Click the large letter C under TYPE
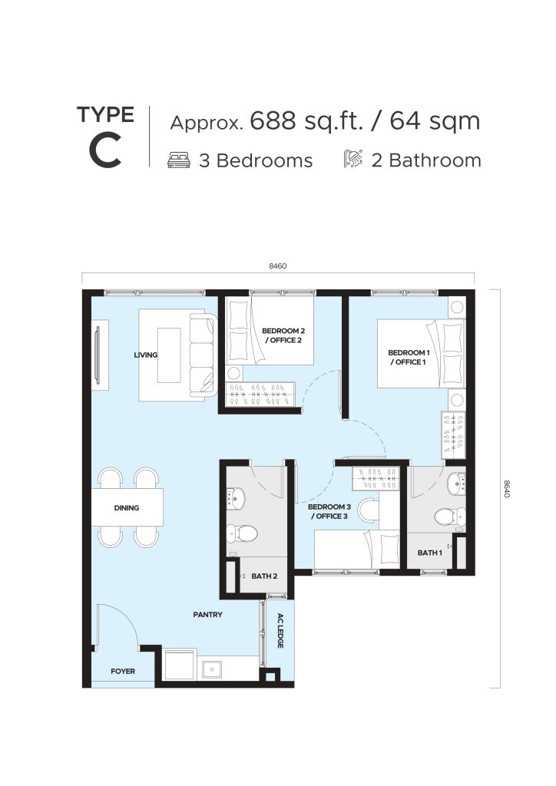pyautogui.click(x=105, y=151)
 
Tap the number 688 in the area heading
pyautogui.click(x=273, y=121)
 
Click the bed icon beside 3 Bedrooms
pyautogui.click(x=179, y=160)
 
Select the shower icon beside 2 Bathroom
pyautogui.click(x=353, y=159)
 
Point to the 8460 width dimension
pyautogui.click(x=278, y=266)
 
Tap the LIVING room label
pyautogui.click(x=145, y=355)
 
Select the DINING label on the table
pyautogui.click(x=127, y=508)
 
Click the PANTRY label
pyautogui.click(x=207, y=615)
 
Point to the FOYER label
pyautogui.click(x=123, y=671)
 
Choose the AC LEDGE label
pyautogui.click(x=280, y=631)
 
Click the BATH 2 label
pyautogui.click(x=264, y=576)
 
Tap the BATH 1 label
pyautogui.click(x=429, y=553)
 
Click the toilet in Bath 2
pyautogui.click(x=241, y=533)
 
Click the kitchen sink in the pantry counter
pyautogui.click(x=213, y=669)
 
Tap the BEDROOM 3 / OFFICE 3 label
pyautogui.click(x=329, y=511)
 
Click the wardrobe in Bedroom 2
pyautogui.click(x=260, y=394)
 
